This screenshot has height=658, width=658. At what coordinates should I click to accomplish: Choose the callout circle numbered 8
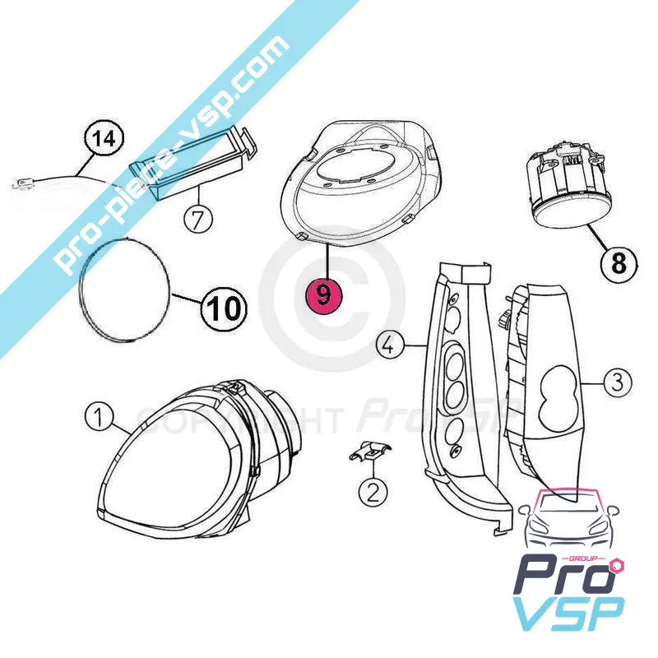618,263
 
